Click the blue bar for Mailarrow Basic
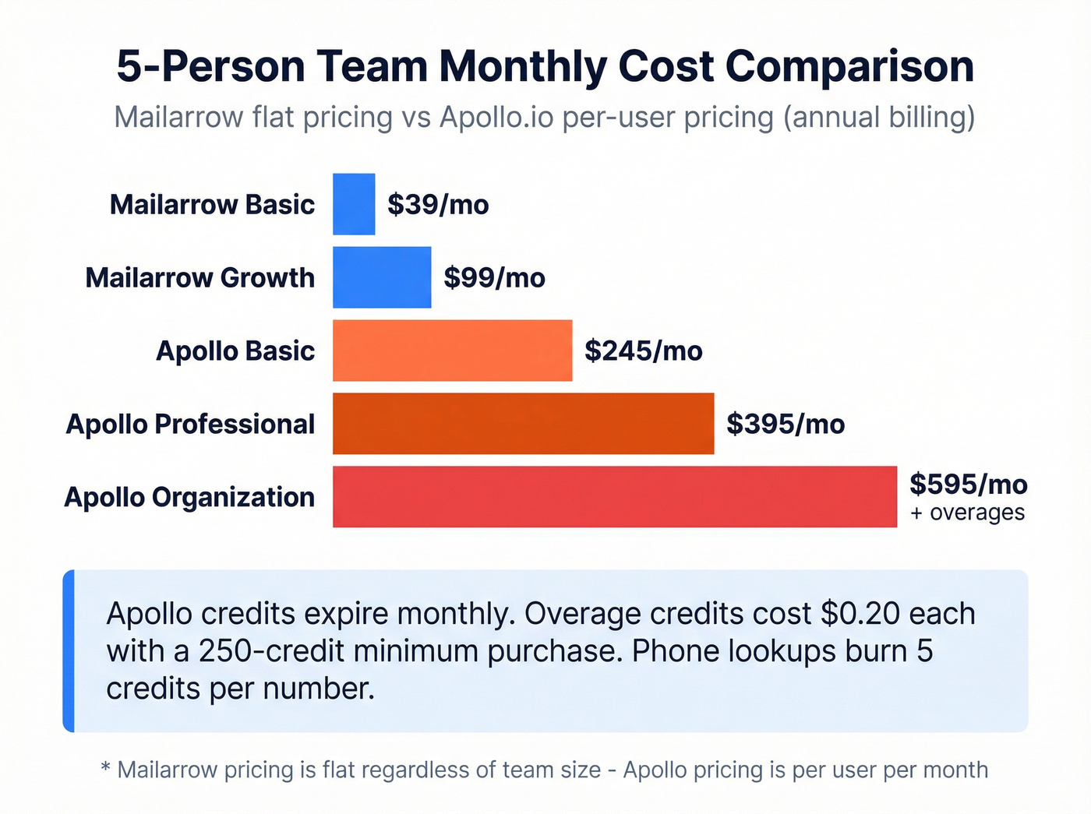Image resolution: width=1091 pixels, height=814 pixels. point(354,204)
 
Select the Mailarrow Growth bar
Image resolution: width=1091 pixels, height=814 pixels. point(382,277)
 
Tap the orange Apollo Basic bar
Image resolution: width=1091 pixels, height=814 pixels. point(452,351)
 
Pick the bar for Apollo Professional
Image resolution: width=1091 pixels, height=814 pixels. point(523,424)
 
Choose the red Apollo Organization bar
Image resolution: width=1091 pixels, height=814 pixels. point(614,497)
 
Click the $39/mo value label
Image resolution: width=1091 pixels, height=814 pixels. point(438,205)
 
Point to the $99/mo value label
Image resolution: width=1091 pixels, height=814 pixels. point(494,278)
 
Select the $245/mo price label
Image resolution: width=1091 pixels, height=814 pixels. point(643,351)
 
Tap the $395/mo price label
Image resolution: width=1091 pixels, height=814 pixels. point(785,425)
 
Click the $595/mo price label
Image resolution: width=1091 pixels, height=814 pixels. point(968,485)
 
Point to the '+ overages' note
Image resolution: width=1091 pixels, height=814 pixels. point(967,513)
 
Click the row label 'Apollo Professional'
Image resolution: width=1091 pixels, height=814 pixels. point(190,425)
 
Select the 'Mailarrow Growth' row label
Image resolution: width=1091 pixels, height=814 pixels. point(199,278)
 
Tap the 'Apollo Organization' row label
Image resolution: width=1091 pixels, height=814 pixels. point(189,498)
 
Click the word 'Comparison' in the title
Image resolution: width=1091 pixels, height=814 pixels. point(849,67)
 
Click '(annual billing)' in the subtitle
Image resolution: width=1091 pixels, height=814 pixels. point(878,118)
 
